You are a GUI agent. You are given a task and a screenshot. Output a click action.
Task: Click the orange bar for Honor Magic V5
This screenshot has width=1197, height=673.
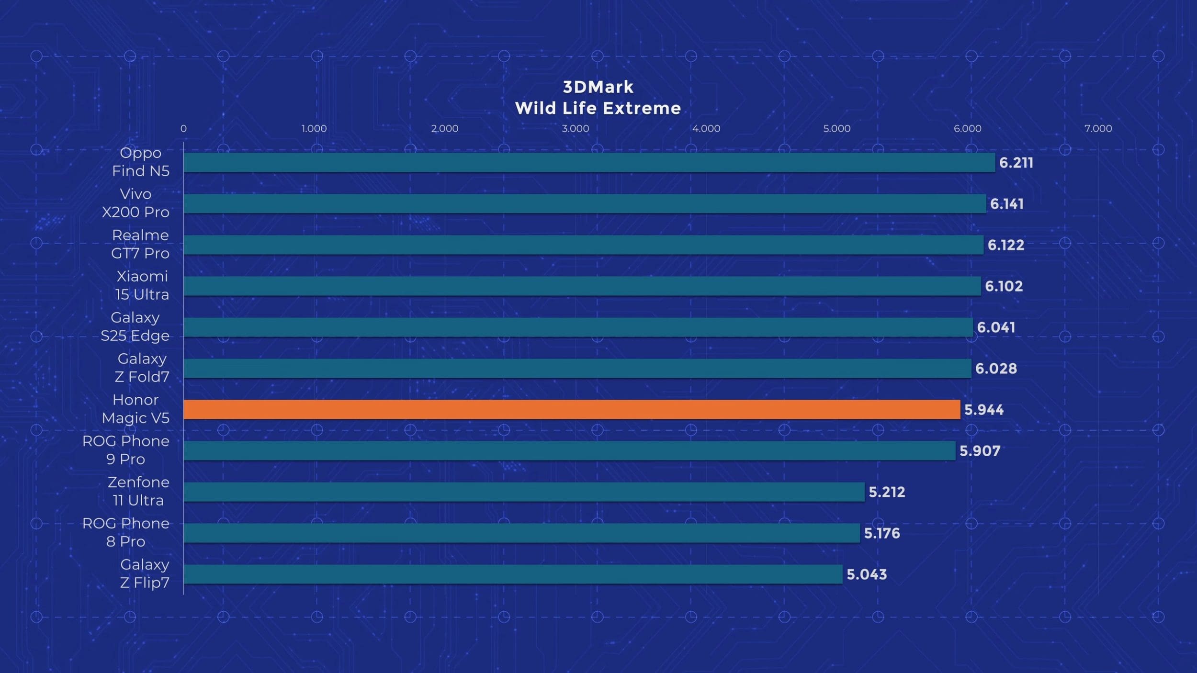point(572,410)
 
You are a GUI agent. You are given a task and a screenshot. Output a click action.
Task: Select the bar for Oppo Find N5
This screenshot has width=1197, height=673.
point(589,163)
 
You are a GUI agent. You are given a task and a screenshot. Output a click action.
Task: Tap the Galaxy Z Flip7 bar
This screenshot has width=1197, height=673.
point(513,574)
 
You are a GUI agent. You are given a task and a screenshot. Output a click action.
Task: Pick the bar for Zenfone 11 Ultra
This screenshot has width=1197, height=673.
point(524,492)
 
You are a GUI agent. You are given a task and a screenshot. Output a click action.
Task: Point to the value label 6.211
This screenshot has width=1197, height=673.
point(1016,163)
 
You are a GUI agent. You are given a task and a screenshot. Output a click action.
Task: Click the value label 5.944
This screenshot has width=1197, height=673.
point(984,410)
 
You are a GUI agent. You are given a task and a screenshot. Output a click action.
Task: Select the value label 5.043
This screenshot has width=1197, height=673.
point(867,574)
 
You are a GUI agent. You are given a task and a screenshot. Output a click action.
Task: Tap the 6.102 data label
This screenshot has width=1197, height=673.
point(1004,286)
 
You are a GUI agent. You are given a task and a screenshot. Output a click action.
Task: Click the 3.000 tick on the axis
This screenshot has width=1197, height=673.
point(575,128)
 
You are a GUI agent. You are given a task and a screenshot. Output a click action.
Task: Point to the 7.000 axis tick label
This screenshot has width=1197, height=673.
point(1098,128)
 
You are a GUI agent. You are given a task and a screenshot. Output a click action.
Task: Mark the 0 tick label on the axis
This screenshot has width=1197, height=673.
point(183,128)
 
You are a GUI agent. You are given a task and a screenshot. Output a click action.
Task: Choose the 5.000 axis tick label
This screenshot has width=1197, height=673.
point(836,128)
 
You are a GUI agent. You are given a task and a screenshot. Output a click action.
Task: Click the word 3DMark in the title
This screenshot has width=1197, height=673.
point(598,87)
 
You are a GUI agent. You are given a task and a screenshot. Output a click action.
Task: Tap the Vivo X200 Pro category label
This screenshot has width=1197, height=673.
point(136,203)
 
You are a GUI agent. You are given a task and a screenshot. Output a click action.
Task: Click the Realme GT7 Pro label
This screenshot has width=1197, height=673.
point(140,244)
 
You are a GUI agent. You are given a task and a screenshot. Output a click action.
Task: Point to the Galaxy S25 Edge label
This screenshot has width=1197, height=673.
point(135,326)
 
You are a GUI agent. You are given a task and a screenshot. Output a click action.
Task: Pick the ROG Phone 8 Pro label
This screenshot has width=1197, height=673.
point(125,532)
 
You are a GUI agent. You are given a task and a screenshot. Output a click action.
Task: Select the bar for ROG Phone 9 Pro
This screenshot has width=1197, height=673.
point(569,451)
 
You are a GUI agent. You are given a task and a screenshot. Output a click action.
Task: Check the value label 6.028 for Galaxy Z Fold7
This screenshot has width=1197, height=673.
point(996,369)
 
